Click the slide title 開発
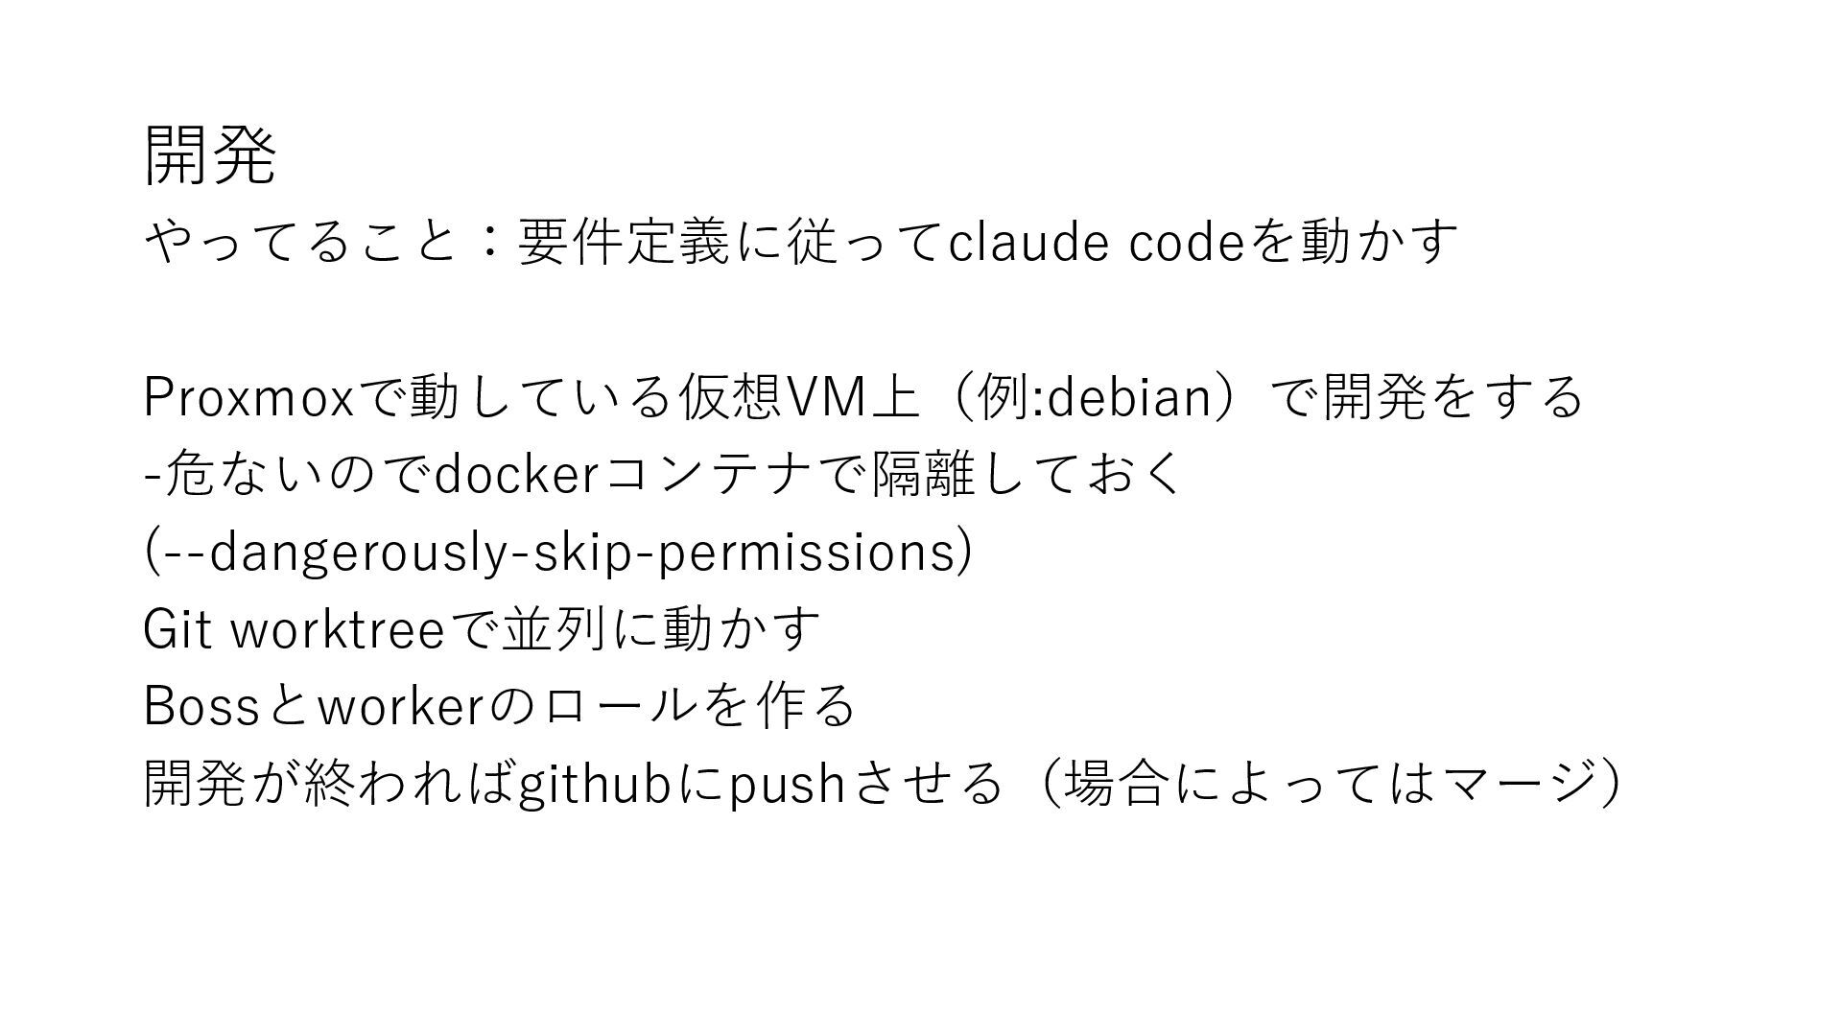click(x=210, y=156)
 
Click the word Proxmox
click(x=248, y=397)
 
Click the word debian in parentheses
click(x=1127, y=397)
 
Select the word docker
click(x=517, y=475)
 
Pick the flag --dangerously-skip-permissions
click(x=558, y=553)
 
